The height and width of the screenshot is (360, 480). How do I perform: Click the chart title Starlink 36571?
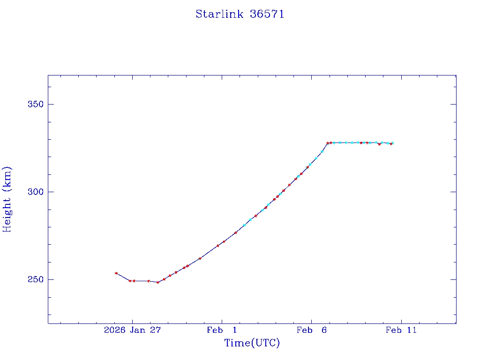(240, 14)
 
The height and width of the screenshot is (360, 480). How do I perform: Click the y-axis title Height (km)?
(7, 199)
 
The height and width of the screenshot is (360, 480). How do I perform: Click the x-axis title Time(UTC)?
(252, 343)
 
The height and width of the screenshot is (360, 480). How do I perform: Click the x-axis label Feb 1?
(222, 330)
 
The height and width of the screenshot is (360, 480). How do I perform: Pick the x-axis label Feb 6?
(311, 330)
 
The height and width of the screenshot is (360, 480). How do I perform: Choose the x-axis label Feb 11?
(401, 330)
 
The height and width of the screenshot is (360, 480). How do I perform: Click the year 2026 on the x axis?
(114, 330)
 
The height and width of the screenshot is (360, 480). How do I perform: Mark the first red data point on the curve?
(116, 273)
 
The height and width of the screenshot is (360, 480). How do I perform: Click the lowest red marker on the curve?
(158, 282)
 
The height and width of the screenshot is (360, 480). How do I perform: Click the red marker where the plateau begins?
(328, 143)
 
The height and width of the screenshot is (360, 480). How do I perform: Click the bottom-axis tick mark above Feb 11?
(401, 321)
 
